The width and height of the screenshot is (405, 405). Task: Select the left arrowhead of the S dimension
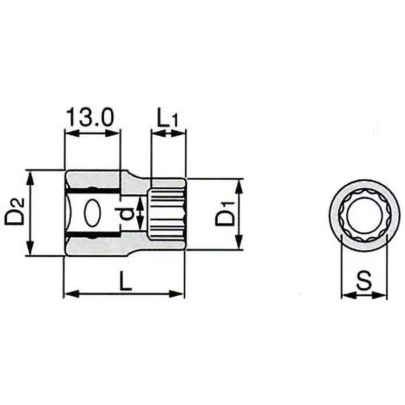(x=347, y=295)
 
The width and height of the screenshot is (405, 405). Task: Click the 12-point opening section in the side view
(x=167, y=213)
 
